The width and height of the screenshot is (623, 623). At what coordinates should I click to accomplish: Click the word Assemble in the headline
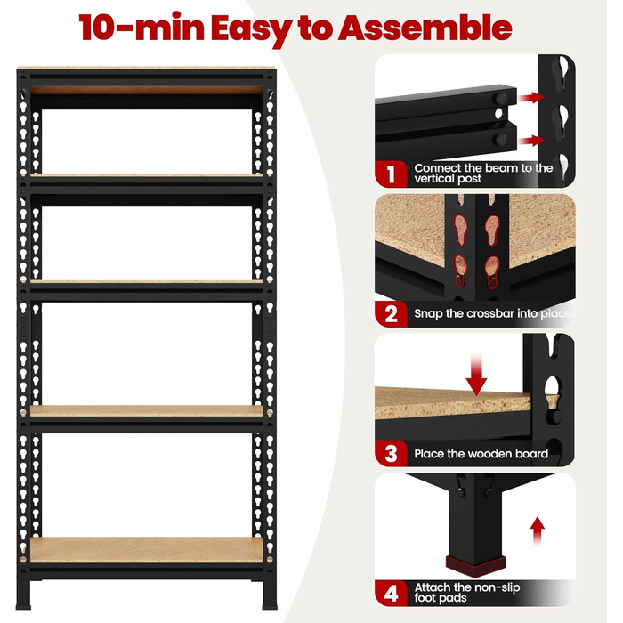click(425, 28)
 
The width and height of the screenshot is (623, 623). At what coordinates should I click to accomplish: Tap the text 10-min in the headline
click(142, 27)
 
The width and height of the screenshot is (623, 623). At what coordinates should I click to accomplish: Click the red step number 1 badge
click(391, 174)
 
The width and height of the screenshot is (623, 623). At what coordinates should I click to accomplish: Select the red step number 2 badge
click(391, 314)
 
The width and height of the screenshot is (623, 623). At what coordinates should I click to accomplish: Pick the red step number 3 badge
click(391, 453)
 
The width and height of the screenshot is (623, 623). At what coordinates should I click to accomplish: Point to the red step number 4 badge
click(391, 594)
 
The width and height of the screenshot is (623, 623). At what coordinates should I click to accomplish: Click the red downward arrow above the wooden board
click(476, 375)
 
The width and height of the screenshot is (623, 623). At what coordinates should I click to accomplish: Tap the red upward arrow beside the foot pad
click(538, 530)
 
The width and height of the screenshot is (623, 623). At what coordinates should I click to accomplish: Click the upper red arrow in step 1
click(531, 97)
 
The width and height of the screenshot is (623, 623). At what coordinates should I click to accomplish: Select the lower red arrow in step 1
click(531, 141)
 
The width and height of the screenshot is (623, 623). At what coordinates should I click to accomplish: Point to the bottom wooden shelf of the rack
click(147, 550)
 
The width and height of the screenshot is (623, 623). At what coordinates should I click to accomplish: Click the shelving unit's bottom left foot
click(23, 595)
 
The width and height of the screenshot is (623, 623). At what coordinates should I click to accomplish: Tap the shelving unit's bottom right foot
click(270, 595)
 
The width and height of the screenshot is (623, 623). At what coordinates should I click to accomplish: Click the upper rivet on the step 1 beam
click(501, 98)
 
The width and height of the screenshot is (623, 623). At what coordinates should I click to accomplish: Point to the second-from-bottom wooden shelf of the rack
click(147, 411)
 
